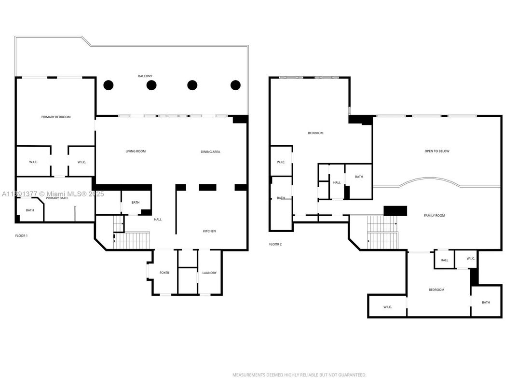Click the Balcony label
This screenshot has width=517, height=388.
coord(145,76)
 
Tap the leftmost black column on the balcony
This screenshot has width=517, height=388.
coord(109,85)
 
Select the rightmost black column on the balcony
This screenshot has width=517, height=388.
coord(235,85)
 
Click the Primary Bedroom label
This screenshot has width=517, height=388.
coord(56,117)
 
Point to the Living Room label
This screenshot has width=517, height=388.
coord(136,151)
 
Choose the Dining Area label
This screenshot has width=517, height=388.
coord(210,152)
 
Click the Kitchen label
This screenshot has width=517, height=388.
coord(209,231)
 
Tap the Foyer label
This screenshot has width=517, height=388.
coord(164,273)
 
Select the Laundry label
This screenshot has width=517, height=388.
coord(209,273)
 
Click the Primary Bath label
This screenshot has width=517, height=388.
coord(57,198)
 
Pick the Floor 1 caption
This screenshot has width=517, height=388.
coord(21,236)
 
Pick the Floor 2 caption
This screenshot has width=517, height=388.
coord(275,244)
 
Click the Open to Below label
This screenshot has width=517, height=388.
coord(437,151)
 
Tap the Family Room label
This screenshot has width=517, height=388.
coord(434,215)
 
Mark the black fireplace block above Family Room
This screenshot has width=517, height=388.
coord(395,211)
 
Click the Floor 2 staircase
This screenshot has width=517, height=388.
coord(382,232)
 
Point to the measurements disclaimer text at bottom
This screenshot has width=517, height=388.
coord(299,375)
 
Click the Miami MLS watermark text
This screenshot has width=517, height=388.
coord(53,194)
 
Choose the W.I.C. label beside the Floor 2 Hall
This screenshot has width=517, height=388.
coord(471,259)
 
